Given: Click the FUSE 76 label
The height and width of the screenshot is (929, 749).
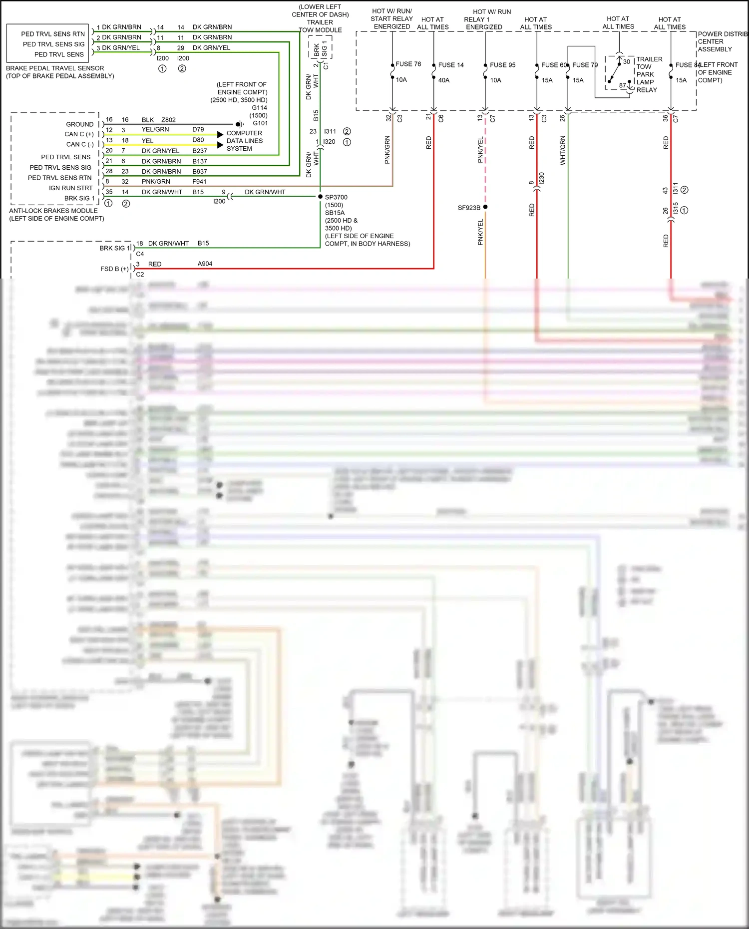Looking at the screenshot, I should (x=408, y=64).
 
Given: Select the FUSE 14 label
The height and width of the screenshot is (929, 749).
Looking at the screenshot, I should (x=451, y=65).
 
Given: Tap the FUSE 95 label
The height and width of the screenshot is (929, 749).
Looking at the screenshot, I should (x=502, y=65).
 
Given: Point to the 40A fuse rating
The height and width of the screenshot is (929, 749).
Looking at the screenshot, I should (x=443, y=80).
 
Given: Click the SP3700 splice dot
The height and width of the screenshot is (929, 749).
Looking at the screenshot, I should (x=320, y=197).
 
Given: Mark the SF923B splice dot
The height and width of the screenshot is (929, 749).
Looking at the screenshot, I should (x=485, y=207).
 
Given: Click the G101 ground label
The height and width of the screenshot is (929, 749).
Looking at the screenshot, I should (x=260, y=123).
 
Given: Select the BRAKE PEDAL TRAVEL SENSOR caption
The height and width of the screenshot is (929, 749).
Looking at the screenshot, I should (x=55, y=68).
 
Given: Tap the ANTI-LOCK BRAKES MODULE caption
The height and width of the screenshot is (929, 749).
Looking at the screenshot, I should (x=53, y=211).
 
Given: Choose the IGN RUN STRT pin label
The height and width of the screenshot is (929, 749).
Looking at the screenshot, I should (x=71, y=188).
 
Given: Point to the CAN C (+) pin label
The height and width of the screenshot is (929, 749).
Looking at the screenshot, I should (x=79, y=134).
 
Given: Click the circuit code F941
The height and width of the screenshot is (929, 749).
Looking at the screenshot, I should (x=199, y=182).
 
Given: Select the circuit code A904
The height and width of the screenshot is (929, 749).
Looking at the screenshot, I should (x=205, y=264).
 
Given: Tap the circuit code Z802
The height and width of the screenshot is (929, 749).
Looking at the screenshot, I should (x=168, y=120).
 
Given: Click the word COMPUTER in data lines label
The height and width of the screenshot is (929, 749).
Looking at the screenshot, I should (x=244, y=133).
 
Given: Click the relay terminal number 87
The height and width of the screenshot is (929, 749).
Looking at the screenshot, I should (x=623, y=85).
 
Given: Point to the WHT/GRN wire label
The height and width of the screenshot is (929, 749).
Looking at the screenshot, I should (x=563, y=150).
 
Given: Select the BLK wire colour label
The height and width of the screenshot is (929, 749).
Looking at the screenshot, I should (x=148, y=120).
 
